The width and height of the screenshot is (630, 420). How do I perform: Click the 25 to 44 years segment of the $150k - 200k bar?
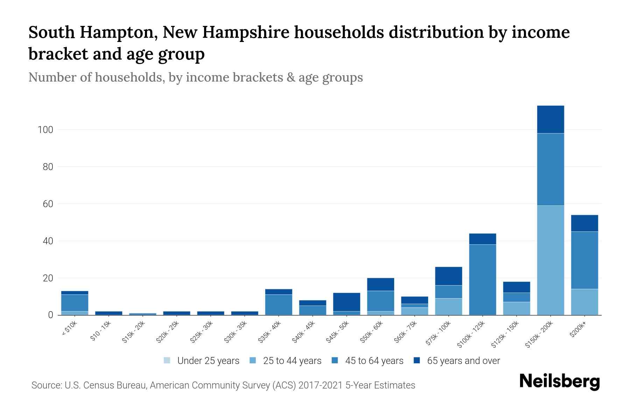click(x=550, y=260)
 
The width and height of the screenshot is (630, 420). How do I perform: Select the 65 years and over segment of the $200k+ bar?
click(x=584, y=223)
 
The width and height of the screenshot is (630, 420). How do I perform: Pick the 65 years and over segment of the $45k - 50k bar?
click(x=346, y=302)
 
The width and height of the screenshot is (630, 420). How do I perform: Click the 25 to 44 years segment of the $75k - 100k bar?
click(x=448, y=306)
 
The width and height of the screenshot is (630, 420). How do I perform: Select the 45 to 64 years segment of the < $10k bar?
click(x=75, y=303)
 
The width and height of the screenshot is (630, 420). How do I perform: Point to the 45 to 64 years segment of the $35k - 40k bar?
click(x=279, y=304)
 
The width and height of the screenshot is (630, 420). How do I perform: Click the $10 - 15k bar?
click(x=108, y=313)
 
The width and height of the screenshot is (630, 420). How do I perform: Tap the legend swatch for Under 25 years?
click(x=167, y=360)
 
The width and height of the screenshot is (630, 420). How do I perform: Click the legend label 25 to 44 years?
click(x=292, y=361)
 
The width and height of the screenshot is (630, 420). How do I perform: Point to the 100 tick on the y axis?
click(x=45, y=130)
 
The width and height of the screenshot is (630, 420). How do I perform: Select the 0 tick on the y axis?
click(x=50, y=315)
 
